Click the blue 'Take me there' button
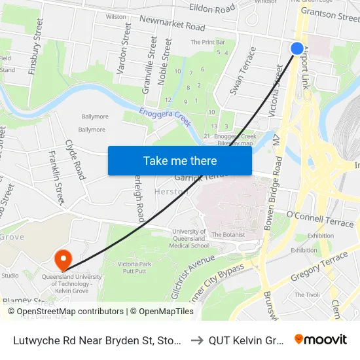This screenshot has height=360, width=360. [x=180, y=160]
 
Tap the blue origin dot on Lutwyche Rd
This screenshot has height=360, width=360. [x=297, y=48]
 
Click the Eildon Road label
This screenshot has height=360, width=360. [x=211, y=9]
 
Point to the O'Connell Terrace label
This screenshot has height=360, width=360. [x=320, y=219]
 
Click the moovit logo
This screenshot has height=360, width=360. [x=321, y=339]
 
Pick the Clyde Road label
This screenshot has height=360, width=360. [x=75, y=160]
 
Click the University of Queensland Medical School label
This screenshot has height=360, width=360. [x=190, y=238]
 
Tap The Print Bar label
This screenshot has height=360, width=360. [x=204, y=43]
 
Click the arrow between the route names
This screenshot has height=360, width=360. [x=196, y=340]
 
